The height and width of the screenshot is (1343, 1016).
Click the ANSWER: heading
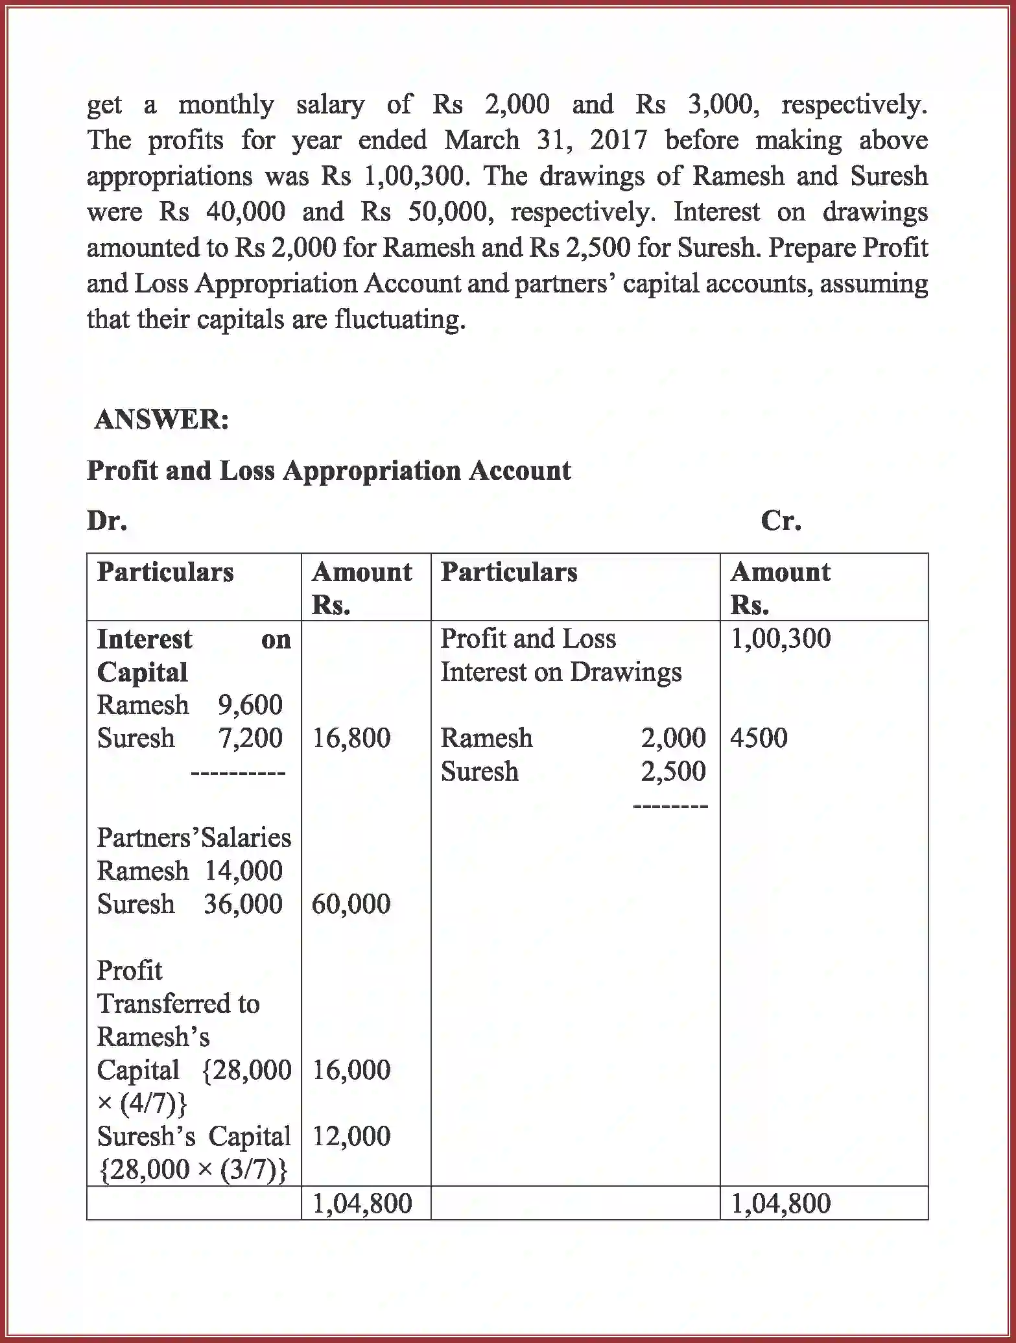[161, 420]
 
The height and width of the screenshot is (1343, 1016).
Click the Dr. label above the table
[107, 521]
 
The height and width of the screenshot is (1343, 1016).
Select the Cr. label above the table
[781, 521]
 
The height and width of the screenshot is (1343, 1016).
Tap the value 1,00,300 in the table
[781, 638]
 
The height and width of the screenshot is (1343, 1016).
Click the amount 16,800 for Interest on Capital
[351, 738]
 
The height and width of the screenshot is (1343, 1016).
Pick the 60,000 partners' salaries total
[351, 904]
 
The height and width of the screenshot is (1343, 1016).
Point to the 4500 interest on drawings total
[759, 738]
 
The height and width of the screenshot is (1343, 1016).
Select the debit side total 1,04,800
[362, 1204]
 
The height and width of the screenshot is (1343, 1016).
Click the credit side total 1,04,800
[781, 1204]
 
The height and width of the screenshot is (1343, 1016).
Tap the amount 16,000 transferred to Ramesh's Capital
[351, 1070]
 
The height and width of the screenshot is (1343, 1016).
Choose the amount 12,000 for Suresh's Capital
[351, 1136]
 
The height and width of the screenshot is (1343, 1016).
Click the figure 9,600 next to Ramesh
[250, 705]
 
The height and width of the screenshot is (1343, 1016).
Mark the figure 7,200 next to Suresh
[250, 738]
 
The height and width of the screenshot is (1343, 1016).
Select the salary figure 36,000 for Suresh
[243, 904]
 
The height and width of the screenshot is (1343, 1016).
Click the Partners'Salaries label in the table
[194, 838]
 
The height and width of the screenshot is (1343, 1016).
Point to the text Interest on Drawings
[561, 672]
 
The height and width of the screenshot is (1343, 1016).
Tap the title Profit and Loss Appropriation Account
[329, 471]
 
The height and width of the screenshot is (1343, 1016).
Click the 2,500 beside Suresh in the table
[673, 772]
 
